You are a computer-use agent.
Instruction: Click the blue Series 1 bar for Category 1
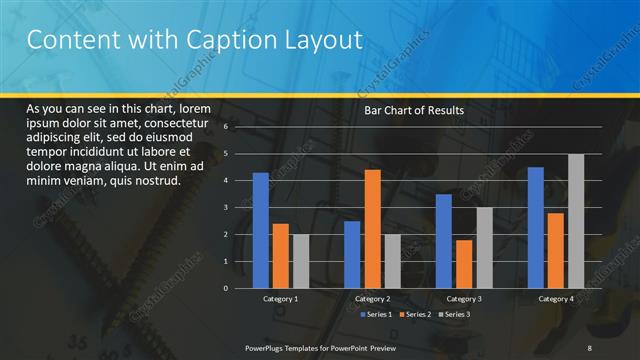[x=261, y=230]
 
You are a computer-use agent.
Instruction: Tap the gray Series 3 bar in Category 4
[x=576, y=221]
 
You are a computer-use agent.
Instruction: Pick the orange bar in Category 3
[x=463, y=264]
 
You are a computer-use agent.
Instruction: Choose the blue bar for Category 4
[x=536, y=227]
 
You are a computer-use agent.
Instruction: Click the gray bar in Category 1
[x=301, y=261]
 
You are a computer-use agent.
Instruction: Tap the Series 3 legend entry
[x=454, y=315]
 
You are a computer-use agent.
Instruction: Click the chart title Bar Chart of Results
[x=413, y=110]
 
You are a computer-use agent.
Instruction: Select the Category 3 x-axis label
[x=463, y=299]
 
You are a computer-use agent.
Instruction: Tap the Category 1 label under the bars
[x=281, y=299]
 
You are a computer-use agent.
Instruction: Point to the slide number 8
[x=589, y=347]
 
